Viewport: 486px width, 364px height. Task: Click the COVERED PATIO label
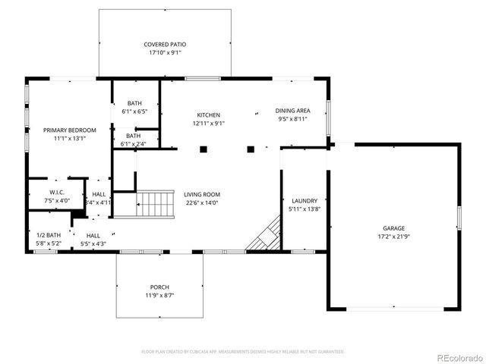[x=165, y=45]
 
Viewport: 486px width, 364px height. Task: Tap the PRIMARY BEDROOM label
[x=70, y=130]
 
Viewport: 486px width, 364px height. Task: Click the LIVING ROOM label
[x=201, y=194]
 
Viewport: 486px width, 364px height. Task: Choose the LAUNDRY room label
[x=303, y=200]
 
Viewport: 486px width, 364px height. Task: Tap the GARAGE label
[x=393, y=227]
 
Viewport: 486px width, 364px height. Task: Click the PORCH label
[x=159, y=287]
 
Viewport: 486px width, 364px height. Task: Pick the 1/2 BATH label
[x=48, y=235]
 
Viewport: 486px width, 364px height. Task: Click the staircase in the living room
[x=155, y=203]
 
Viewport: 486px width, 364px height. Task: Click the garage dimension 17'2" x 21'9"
[x=393, y=237]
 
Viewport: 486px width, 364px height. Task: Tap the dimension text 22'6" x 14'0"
[x=201, y=203]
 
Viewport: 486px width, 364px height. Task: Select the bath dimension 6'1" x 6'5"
[x=134, y=111]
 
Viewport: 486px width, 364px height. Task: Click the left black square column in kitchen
[x=203, y=149]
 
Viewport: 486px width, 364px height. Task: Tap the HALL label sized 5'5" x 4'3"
[x=93, y=235]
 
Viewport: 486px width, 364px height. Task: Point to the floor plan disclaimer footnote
[x=243, y=352]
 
